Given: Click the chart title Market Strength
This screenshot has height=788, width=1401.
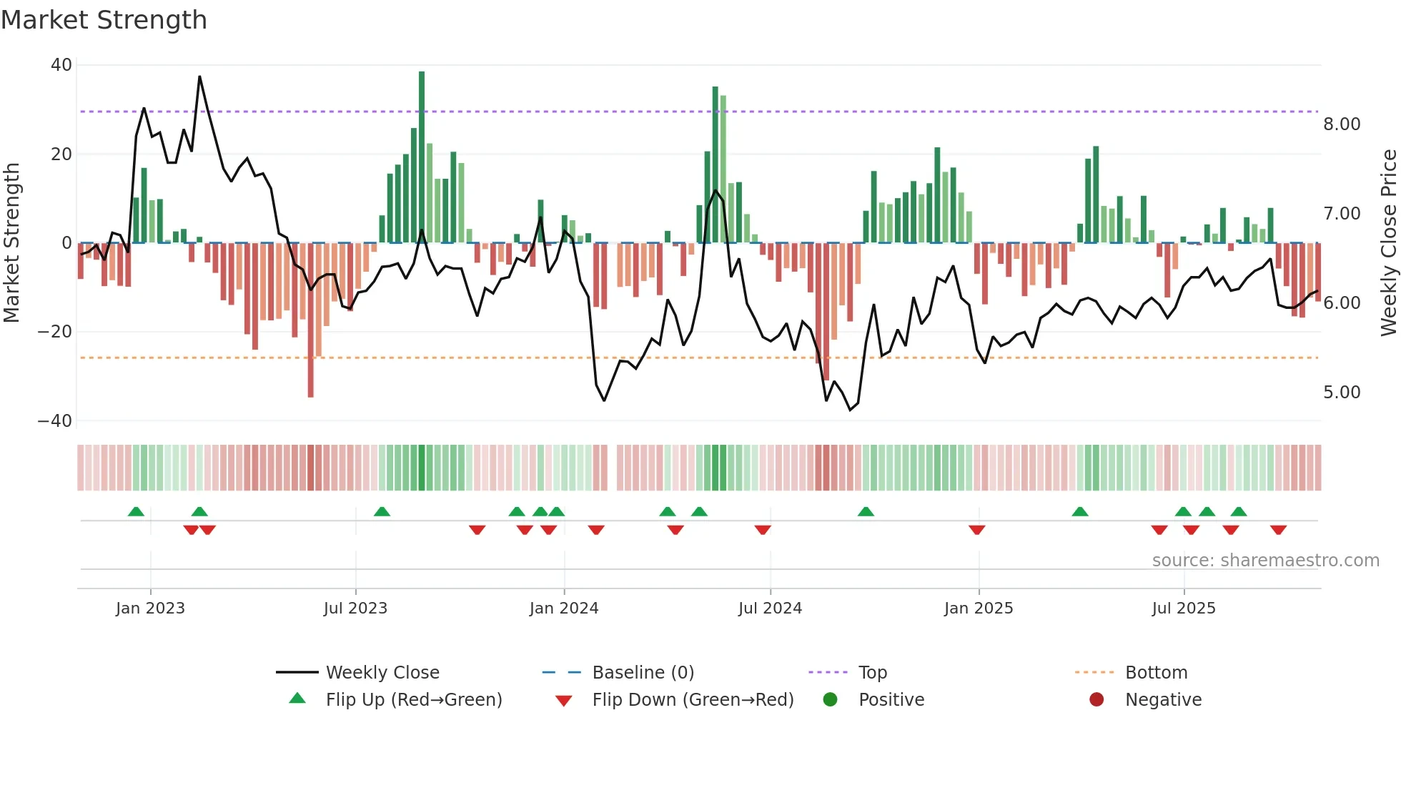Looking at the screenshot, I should click(104, 20).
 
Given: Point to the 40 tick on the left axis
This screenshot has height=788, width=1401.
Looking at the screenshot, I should click(61, 65).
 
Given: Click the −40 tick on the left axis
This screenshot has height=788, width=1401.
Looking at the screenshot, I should click(55, 421).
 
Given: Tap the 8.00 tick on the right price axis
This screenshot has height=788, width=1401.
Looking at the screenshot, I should click(1342, 124).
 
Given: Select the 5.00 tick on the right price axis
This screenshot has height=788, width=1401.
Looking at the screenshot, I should click(1342, 393).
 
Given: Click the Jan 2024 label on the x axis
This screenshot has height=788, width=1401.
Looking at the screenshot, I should click(563, 609).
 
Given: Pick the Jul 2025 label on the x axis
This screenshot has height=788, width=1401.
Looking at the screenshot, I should click(1183, 609).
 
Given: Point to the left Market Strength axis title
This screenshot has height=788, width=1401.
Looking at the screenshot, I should click(12, 243).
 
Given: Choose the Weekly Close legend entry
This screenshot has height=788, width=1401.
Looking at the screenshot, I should click(382, 673).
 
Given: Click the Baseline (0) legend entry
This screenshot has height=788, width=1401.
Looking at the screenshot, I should click(643, 673).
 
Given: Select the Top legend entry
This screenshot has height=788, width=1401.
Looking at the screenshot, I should click(872, 673).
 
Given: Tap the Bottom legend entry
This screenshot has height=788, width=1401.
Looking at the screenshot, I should click(1156, 673).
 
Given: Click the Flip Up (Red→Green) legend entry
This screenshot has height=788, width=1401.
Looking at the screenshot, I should click(413, 700).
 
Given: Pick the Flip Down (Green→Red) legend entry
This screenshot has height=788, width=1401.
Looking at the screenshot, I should click(692, 700).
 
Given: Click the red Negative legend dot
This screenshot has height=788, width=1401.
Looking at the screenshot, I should click(1096, 700).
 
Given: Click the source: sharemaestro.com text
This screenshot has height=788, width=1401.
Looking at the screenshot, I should click(1265, 561).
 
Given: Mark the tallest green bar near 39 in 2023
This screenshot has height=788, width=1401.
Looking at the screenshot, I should click(422, 157).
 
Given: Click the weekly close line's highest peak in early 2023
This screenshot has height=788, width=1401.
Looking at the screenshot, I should click(199, 77).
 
